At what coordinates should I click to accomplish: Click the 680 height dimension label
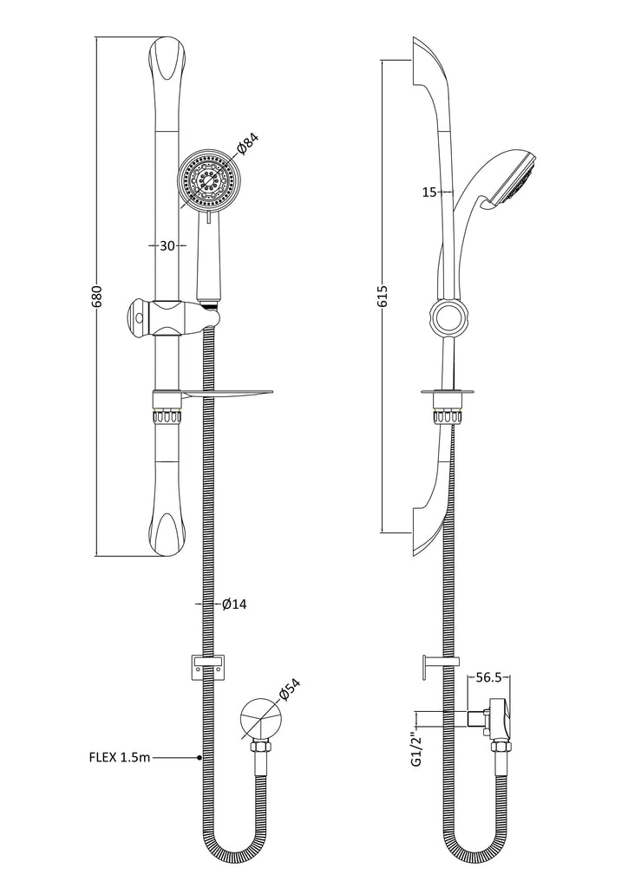(96, 297)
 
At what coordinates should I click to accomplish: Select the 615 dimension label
(383, 297)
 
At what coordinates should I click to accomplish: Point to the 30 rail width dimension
(167, 245)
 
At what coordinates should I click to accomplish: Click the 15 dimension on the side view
(429, 193)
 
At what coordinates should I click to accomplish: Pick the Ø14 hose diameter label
(234, 604)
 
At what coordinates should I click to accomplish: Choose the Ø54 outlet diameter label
(289, 689)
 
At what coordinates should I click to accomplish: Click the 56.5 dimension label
(488, 677)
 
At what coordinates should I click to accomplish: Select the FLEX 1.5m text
(120, 756)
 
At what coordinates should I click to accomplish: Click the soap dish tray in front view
(226, 395)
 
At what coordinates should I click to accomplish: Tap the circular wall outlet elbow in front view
(260, 719)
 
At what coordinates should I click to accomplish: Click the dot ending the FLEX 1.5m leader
(200, 757)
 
